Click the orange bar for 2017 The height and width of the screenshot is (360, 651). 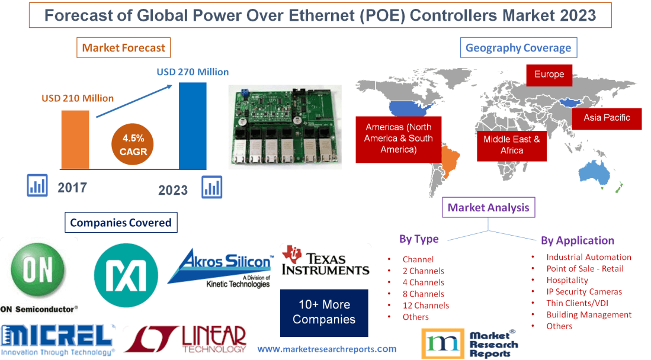point(75,139)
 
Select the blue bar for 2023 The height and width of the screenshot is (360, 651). point(193,126)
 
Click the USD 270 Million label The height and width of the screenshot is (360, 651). point(193,72)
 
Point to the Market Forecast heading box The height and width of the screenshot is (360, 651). point(123,47)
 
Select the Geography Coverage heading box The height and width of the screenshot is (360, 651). point(518,48)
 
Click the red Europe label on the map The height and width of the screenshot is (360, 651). point(549,75)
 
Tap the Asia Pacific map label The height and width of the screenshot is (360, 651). point(607,118)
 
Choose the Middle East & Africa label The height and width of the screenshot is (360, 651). point(511,144)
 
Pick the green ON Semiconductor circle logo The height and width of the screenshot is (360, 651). point(39,271)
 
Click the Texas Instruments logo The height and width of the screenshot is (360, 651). point(325,261)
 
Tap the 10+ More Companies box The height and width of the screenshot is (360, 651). point(323,312)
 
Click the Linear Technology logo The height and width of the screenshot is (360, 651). point(185,339)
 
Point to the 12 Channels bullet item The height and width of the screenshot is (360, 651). point(425,306)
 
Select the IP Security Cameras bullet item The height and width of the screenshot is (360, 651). point(584,291)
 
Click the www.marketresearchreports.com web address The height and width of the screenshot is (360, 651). point(327,349)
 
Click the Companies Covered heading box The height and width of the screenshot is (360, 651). point(120,223)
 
